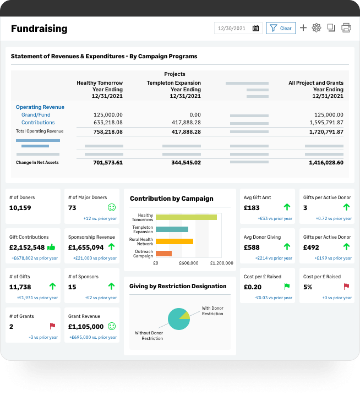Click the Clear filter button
click(x=281, y=28)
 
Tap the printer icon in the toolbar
click(x=346, y=28)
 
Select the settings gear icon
click(x=317, y=28)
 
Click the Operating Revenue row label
click(x=40, y=107)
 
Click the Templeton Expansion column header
click(x=173, y=83)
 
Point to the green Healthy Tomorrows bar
click(x=186, y=217)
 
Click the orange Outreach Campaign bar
click(x=163, y=254)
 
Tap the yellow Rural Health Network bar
click(x=174, y=241)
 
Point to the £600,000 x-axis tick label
click(x=188, y=263)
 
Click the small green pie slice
click(x=185, y=315)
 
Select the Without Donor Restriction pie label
click(x=149, y=335)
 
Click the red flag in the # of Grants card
click(x=52, y=326)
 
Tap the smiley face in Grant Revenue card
click(x=112, y=326)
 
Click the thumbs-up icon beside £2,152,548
click(x=52, y=247)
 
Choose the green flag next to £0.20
click(x=287, y=287)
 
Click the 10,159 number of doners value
click(x=20, y=208)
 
